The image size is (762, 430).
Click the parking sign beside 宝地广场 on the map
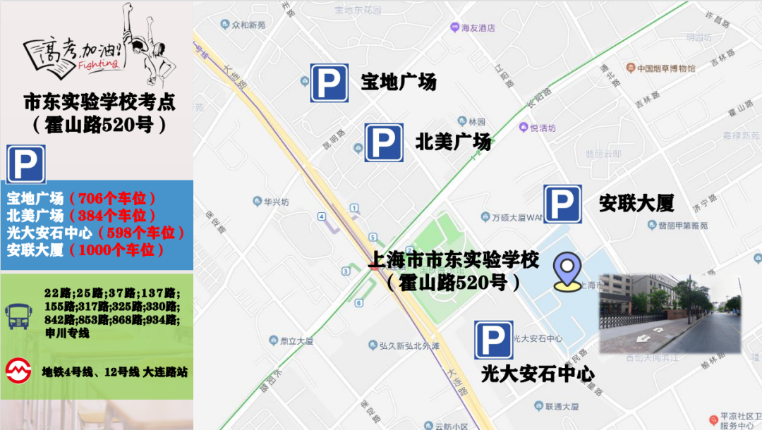329,82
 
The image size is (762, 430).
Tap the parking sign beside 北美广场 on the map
384,142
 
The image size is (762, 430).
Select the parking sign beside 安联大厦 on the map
562,204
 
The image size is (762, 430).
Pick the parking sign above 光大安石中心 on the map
493,340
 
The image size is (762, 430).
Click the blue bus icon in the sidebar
17,314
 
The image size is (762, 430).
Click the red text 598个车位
143,233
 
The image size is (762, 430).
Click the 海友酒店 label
478,28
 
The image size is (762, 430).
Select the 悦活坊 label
543,128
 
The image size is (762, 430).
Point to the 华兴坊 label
276,201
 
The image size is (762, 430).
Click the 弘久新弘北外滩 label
409,345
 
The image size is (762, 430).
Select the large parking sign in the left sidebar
26,164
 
